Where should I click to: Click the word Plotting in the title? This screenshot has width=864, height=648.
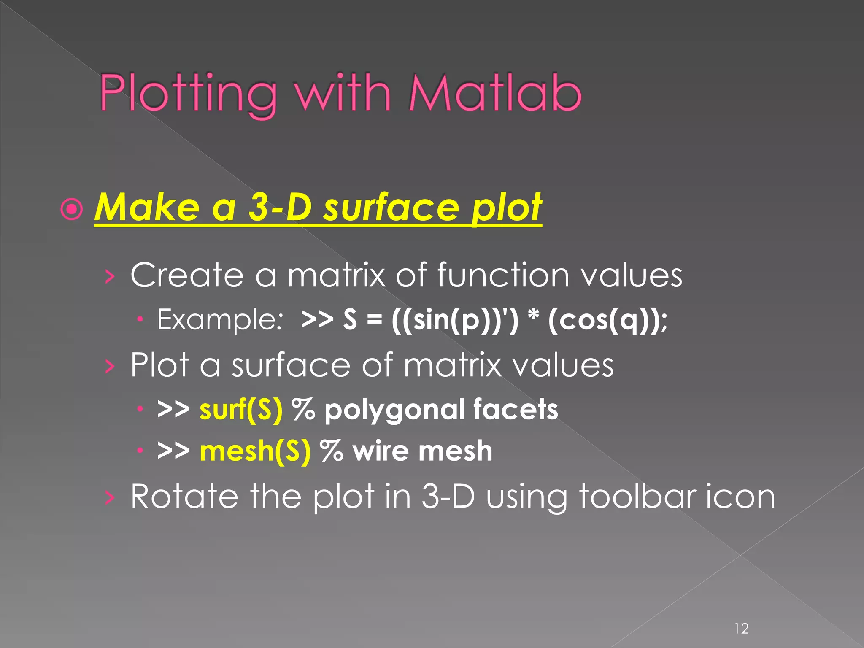(188, 94)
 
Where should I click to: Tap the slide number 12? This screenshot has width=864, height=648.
(741, 617)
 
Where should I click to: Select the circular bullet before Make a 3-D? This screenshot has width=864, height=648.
(72, 210)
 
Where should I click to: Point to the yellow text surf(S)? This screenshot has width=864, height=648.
(241, 409)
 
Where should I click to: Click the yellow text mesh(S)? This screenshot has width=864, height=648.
(255, 451)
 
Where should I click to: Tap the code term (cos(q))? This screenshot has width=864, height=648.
(607, 320)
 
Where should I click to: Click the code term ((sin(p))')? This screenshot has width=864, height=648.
(455, 320)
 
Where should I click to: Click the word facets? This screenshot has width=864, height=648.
(516, 409)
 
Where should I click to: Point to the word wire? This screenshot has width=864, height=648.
(380, 451)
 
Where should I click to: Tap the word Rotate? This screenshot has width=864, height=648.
(184, 497)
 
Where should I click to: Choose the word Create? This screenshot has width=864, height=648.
(187, 275)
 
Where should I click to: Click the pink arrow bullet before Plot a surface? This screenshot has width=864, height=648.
(110, 366)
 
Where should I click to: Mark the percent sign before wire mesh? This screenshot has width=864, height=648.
(332, 451)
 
